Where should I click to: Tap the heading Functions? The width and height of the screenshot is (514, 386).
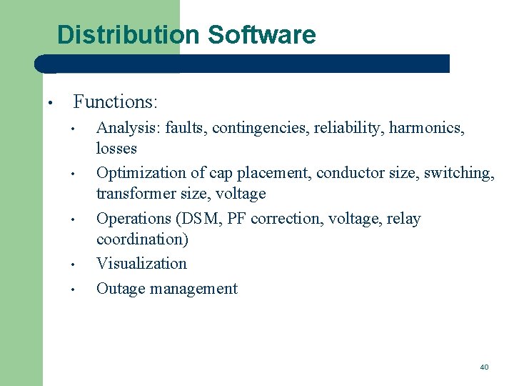tap(116, 102)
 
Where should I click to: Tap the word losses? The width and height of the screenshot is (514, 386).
tap(116, 149)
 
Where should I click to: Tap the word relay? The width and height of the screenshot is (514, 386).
tap(404, 219)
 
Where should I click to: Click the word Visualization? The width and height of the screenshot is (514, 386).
tap(141, 264)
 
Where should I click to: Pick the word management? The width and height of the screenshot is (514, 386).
tap(193, 289)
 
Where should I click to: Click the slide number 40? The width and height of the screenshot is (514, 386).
tap(484, 367)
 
